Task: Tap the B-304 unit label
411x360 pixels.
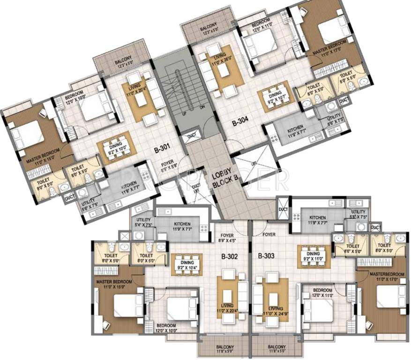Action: click(242, 124)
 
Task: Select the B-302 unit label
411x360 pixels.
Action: click(231, 256)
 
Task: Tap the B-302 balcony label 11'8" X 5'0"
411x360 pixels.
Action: click(225, 350)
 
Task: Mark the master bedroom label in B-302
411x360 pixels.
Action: click(114, 284)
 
